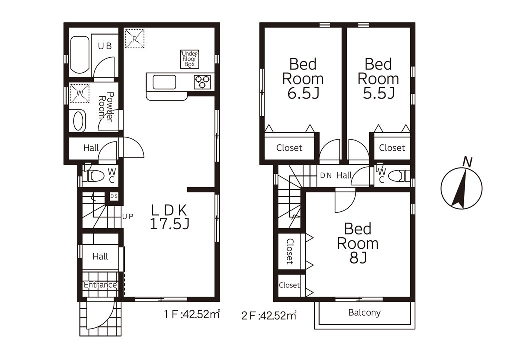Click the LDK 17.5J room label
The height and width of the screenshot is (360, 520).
coord(170,217)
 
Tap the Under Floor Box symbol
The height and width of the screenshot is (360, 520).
coord(190,59)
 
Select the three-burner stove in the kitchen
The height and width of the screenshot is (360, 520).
coord(202,82)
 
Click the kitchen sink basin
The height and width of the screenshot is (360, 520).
coord(164,82)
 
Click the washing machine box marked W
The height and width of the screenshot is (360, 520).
coord(80,93)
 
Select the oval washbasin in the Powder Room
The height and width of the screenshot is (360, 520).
coord(79,121)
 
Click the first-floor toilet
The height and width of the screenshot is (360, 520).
coord(94,176)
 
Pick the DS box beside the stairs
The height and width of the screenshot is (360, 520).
coord(114,196)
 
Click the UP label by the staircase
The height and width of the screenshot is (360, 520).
coord(128,217)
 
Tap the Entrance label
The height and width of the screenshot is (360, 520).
coord(100,285)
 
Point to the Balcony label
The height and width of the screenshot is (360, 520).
coord(364,313)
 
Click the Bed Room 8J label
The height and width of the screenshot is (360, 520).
coord(358,243)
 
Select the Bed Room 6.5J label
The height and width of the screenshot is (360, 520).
coord(303,79)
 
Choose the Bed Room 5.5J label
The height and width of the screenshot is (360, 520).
coord(378,79)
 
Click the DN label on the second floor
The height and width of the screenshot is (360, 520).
coord(326,175)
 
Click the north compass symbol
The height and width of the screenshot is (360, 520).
coord(462,187)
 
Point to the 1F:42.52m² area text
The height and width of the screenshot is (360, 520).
coord(192,314)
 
